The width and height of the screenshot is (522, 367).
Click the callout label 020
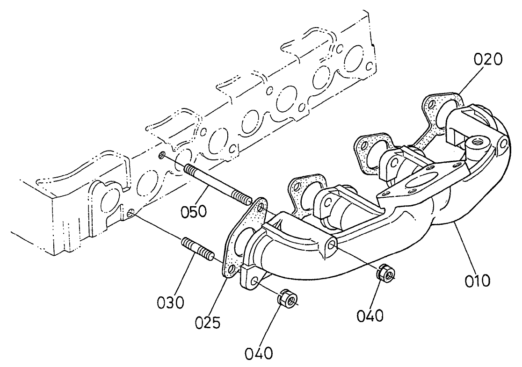pyautogui.click(x=488, y=59)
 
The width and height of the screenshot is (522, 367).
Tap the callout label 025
pyautogui.click(x=208, y=322)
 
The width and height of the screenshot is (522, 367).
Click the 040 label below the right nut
pyautogui.click(x=370, y=316)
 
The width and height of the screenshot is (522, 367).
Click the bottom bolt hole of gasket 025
pyautogui.click(x=231, y=269)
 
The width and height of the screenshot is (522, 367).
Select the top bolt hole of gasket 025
pyautogui.click(x=260, y=206)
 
